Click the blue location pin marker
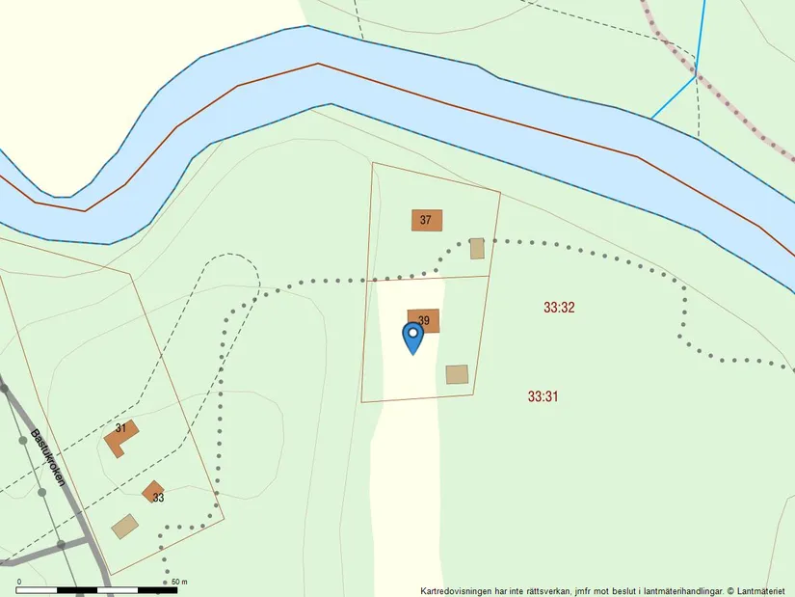click(412, 337)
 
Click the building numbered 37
click(427, 220)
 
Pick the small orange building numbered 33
click(153, 492)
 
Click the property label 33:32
click(559, 308)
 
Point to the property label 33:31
click(543, 396)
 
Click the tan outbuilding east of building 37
click(476, 248)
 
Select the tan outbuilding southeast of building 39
click(457, 374)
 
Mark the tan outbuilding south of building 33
click(124, 526)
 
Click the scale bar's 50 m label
click(179, 582)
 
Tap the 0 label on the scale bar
click(19, 582)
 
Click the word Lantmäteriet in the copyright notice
click(762, 590)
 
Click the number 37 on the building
click(425, 220)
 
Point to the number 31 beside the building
click(120, 427)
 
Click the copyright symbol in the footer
click(730, 590)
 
